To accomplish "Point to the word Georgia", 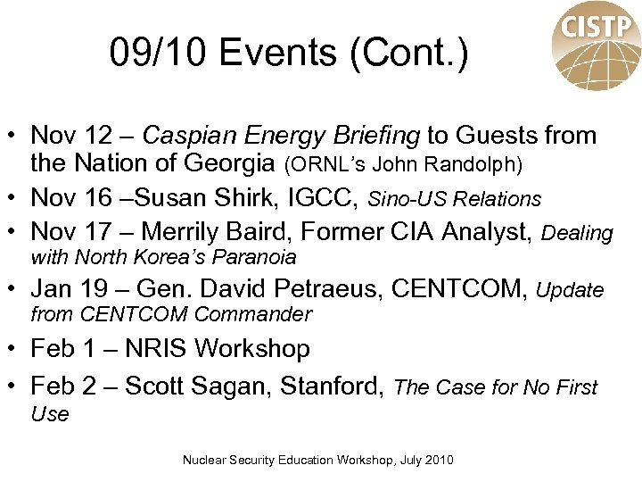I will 232,164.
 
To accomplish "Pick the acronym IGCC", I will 332,198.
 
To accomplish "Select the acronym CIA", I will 414,232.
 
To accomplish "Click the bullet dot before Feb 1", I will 16,348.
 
